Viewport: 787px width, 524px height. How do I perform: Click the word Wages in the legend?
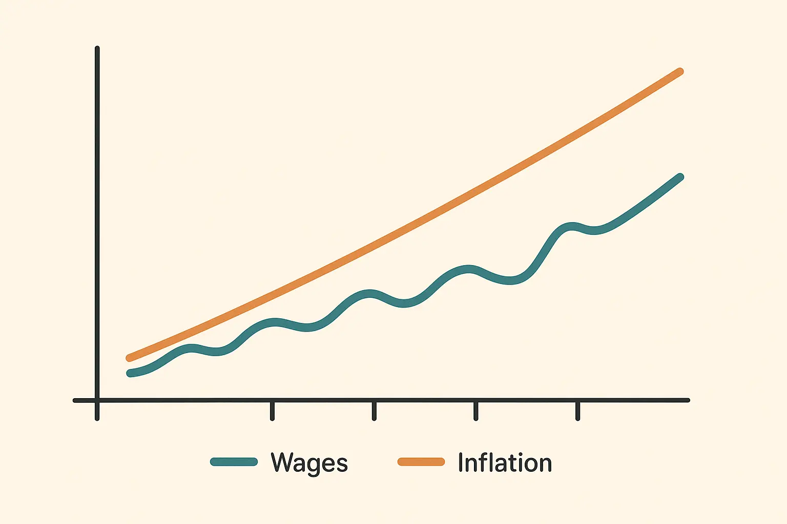point(309,463)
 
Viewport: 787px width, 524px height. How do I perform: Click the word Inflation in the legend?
point(505,463)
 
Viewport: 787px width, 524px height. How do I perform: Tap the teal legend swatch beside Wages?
point(234,462)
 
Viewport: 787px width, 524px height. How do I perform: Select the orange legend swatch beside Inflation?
point(421,462)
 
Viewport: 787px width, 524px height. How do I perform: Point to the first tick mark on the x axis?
point(272,410)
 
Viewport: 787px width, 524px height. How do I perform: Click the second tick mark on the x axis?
point(374,410)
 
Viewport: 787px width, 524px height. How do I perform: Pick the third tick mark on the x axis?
point(476,410)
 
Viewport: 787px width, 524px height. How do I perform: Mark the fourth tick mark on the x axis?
point(577,410)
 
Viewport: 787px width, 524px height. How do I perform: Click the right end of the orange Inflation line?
point(680,72)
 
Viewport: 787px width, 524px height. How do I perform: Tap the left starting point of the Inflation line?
point(129,358)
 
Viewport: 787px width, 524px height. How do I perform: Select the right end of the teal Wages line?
point(680,177)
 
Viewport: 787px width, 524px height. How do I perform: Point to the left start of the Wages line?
point(130,373)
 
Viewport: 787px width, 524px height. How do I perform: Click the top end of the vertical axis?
point(97,49)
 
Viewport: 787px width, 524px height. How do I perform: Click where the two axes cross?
point(97,400)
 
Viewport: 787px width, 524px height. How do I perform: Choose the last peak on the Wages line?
point(571,226)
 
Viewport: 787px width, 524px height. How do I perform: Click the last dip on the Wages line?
point(594,231)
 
